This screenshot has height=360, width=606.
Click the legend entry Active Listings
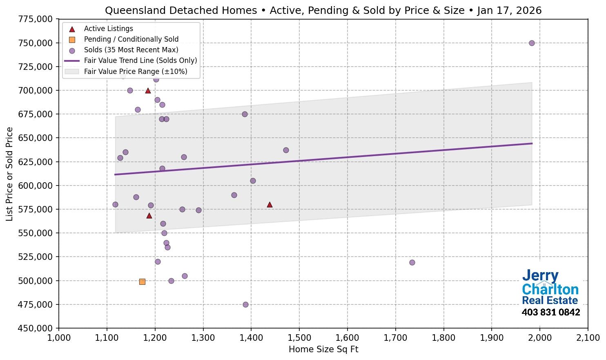coord(108,29)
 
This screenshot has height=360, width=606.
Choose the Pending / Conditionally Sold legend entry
coord(131,39)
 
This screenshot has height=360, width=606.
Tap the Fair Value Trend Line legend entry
coord(140,60)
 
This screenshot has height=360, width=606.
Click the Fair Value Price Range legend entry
coord(135,72)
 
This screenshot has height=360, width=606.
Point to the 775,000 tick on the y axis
coord(36,19)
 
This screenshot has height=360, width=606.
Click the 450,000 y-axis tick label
coord(36,328)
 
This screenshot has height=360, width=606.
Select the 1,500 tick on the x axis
coord(299,338)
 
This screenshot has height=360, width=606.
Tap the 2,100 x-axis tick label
coord(588,338)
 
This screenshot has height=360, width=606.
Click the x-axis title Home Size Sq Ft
coord(323,349)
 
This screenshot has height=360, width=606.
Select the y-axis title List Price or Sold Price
coord(10,174)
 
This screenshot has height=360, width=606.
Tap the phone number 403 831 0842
coord(550,313)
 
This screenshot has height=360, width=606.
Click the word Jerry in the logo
coord(540,276)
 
